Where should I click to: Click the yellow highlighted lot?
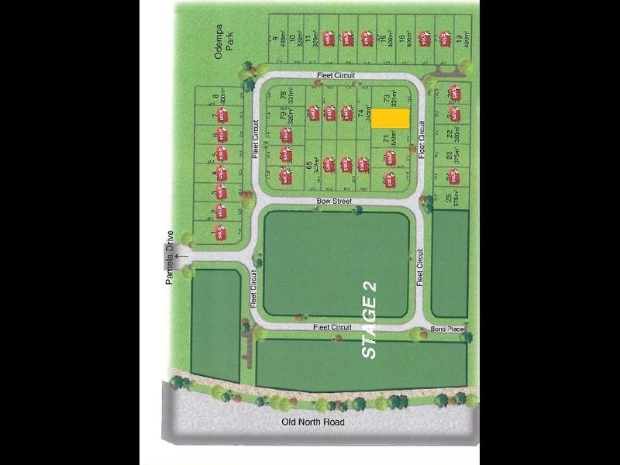tap(390, 118)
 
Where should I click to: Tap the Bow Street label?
tap(333, 201)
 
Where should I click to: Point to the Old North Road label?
tap(312, 423)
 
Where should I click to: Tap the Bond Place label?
tap(448, 330)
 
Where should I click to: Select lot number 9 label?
tap(274, 36)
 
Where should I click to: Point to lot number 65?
tap(308, 165)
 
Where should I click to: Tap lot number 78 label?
tap(282, 96)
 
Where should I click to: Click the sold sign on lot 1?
tap(220, 232)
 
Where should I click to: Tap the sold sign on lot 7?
tap(221, 115)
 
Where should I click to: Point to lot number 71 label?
tap(385, 139)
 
